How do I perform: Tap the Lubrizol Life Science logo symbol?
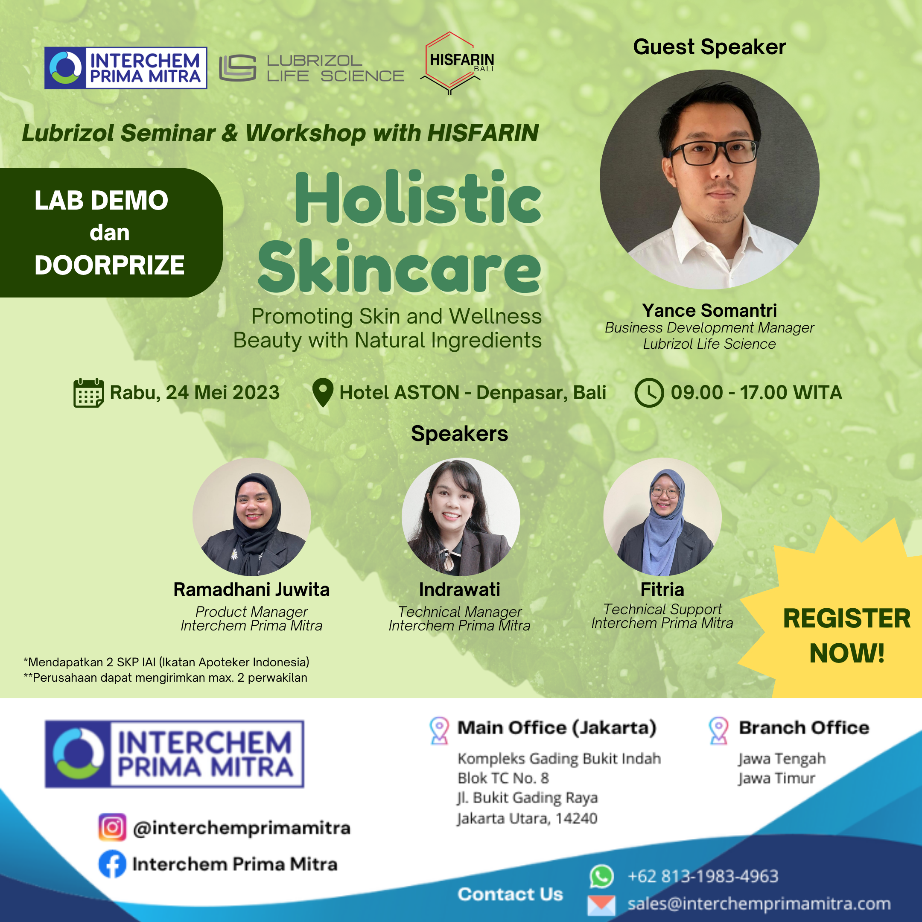click(238, 68)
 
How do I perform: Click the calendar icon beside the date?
click(89, 393)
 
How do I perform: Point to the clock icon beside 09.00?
click(649, 393)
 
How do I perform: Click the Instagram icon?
click(112, 827)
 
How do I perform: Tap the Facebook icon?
click(112, 864)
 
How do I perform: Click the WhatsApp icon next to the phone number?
click(601, 876)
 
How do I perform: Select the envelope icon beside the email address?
click(601, 905)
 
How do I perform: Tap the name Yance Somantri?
click(709, 310)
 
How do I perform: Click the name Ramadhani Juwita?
click(251, 589)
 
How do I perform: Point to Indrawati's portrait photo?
click(461, 516)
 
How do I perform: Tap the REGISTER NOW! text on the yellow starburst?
click(846, 635)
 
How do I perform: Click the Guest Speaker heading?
click(709, 47)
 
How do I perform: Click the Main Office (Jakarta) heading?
click(557, 727)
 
